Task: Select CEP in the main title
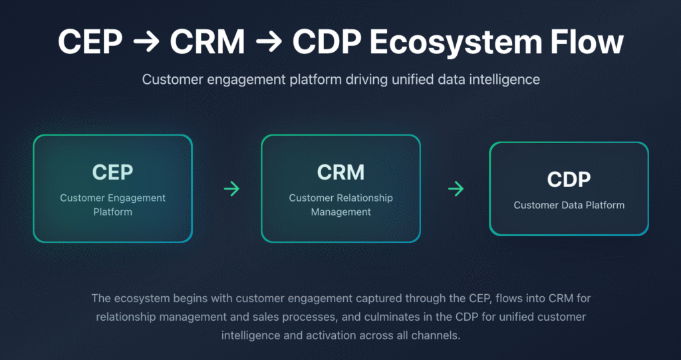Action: pos(90,43)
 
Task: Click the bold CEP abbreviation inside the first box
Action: pos(112,172)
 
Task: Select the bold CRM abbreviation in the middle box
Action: pos(340,172)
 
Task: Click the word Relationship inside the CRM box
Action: pos(364,198)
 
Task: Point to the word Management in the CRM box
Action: pos(340,212)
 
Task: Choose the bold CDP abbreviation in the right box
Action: pos(569,179)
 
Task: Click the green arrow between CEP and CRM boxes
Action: pos(231,189)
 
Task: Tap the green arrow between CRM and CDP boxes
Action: pos(456,189)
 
